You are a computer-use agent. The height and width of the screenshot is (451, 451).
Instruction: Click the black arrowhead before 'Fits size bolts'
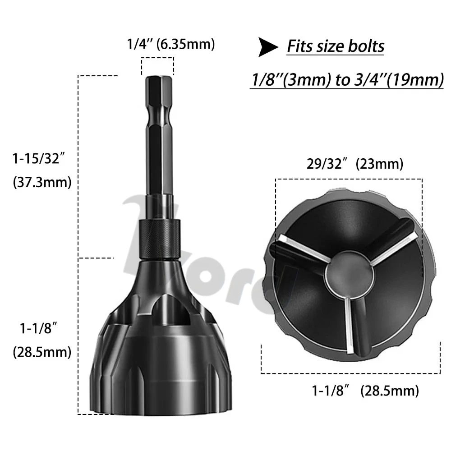pyautogui.click(x=267, y=47)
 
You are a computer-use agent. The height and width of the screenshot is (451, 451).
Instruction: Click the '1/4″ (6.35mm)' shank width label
pyautogui.click(x=171, y=44)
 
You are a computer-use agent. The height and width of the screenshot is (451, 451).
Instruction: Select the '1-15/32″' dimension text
pyautogui.click(x=39, y=158)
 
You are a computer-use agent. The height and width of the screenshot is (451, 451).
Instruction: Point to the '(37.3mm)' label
pyautogui.click(x=42, y=182)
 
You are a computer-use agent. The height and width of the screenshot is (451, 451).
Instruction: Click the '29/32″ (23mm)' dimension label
pyautogui.click(x=354, y=164)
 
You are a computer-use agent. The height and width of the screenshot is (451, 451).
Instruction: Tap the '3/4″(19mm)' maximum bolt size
pyautogui.click(x=399, y=80)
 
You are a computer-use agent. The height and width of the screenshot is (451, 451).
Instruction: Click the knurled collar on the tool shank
pyautogui.click(x=160, y=239)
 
